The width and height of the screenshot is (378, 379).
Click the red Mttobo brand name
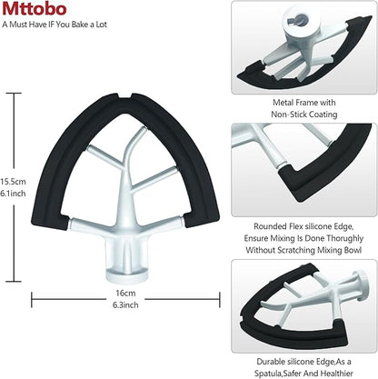click(34, 9)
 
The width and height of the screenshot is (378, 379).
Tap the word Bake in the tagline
click(80, 25)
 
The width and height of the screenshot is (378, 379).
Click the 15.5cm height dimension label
click(13, 182)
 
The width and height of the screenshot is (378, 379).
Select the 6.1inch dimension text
click(13, 194)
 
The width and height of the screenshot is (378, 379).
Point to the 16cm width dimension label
click(125, 294)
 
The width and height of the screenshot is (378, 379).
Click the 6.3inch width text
click(125, 304)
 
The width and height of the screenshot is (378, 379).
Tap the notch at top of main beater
click(125, 95)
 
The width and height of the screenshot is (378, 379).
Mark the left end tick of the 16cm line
click(32, 300)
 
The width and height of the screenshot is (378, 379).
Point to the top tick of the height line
click(14, 94)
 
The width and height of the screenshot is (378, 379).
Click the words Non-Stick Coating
click(304, 115)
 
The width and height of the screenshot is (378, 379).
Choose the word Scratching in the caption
click(296, 250)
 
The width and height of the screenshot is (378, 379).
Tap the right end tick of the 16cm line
click(220, 300)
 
